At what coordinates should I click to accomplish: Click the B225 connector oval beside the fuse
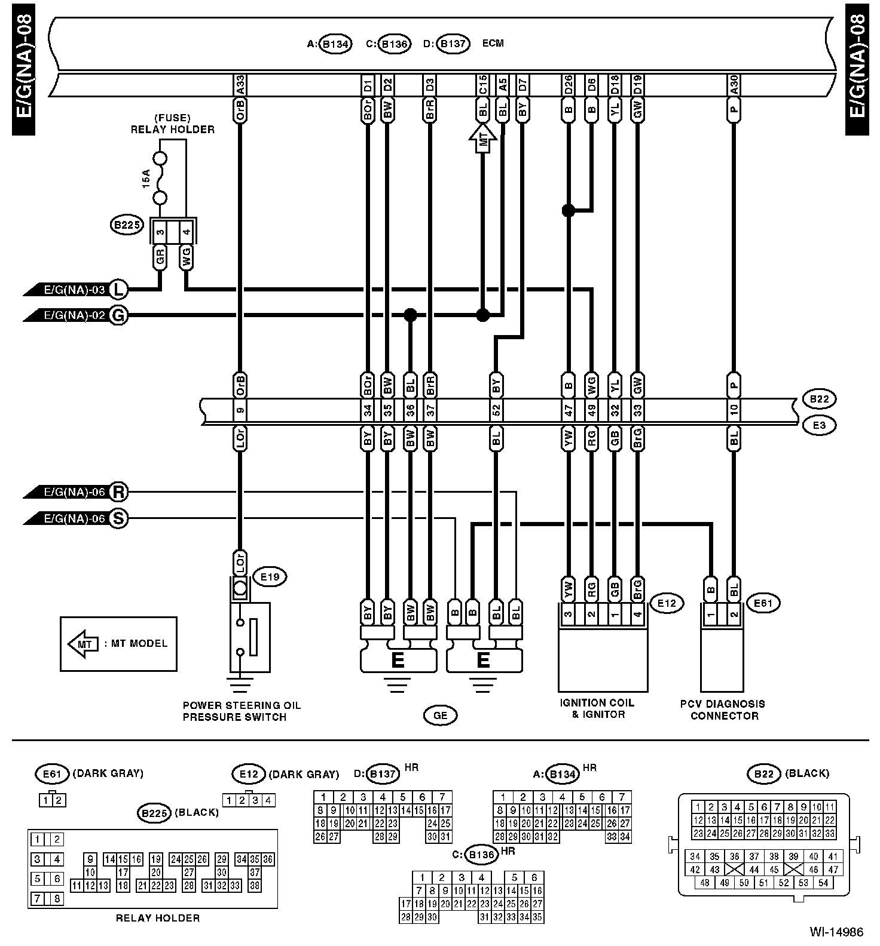[126, 225]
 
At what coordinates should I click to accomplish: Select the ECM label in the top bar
[492, 43]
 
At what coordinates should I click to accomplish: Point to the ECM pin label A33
[240, 85]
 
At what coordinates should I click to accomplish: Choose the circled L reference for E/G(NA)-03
[120, 290]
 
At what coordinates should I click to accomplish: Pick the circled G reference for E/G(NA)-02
[120, 315]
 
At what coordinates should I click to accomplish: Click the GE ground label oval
[441, 715]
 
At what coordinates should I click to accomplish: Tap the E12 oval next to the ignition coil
[667, 603]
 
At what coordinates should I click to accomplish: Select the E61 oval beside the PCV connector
[763, 603]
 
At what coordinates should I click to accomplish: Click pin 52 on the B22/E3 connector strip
[496, 411]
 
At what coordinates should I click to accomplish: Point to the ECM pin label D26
[568, 85]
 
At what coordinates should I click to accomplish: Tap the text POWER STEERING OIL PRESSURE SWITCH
[242, 711]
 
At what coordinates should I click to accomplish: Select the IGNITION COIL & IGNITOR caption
[597, 709]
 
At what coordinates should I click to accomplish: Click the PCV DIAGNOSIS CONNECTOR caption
[723, 709]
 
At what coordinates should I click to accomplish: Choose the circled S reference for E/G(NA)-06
[120, 518]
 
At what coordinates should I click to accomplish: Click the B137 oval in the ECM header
[453, 44]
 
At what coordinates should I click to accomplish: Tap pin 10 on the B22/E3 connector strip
[734, 411]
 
